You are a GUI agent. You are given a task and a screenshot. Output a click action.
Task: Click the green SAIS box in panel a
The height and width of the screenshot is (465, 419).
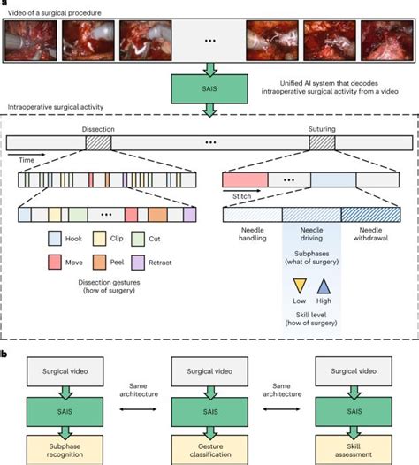coord(209,88)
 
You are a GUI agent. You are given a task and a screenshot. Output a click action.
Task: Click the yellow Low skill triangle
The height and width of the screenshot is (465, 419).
coord(300,286)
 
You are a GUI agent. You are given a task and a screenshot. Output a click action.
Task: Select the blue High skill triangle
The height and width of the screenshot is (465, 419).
coord(324,286)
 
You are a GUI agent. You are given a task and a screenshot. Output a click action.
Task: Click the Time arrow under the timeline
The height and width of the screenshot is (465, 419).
coord(32,160)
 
